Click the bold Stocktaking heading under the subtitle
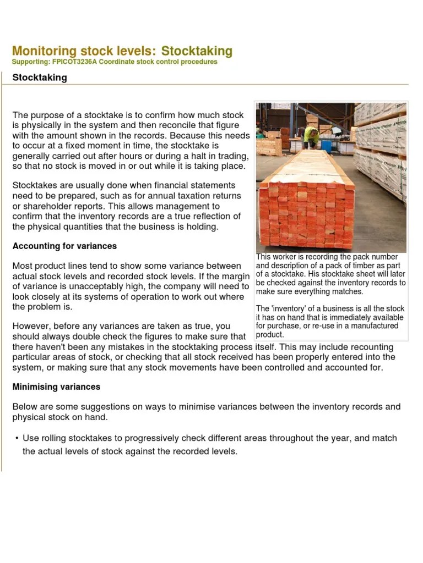(x=40, y=78)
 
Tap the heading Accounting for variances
(x=64, y=246)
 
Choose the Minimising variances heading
(x=56, y=387)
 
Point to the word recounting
(x=372, y=347)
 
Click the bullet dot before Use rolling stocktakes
(x=17, y=438)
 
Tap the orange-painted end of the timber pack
(x=306, y=214)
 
